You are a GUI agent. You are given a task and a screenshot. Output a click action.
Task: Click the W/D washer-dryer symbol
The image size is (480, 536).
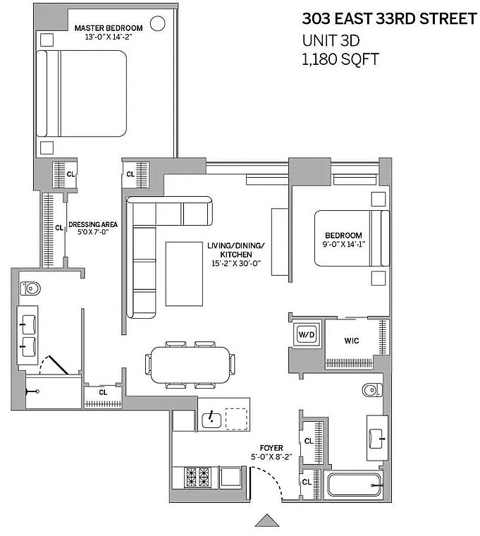(307, 334)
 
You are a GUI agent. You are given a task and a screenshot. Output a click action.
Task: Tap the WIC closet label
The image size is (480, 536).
(352, 341)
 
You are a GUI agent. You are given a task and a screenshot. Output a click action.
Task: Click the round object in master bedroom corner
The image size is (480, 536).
(157, 23)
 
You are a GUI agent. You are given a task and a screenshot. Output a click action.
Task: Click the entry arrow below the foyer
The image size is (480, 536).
(267, 520)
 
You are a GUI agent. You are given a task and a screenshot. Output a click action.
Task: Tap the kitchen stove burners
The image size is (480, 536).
(197, 477)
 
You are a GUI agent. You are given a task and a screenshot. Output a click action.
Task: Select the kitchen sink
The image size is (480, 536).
(211, 420)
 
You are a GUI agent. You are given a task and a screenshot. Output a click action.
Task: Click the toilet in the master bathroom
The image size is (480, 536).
(30, 288)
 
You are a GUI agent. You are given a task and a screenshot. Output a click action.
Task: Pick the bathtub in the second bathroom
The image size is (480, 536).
(355, 485)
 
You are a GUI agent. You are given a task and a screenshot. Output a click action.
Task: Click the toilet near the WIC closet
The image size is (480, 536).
(372, 390)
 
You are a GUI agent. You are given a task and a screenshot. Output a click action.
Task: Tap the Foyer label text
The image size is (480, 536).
(271, 448)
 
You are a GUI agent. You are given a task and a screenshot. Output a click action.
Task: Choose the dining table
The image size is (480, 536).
(190, 365)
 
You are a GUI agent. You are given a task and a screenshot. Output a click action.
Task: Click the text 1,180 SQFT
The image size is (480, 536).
(340, 59)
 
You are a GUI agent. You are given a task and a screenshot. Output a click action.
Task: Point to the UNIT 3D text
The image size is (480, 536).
(331, 41)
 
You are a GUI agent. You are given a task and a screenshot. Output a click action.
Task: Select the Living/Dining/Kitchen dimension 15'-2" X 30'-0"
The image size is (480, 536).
(236, 263)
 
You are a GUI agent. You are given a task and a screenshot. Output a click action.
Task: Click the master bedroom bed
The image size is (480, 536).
(81, 94)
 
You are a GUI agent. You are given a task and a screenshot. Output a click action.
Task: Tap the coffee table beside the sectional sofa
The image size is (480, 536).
(184, 274)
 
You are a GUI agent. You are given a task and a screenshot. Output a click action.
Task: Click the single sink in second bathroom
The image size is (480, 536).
(377, 439)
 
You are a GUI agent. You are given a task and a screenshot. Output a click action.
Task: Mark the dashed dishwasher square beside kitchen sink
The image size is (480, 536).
(236, 419)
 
